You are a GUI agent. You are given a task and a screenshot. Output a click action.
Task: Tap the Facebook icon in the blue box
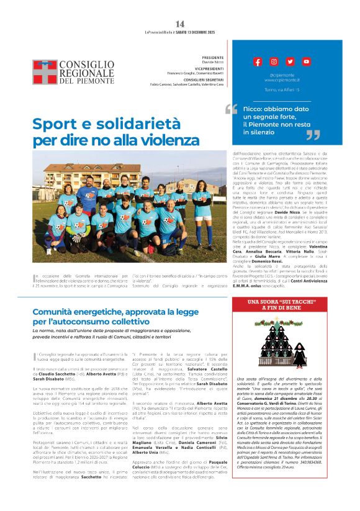click(x=258, y=61)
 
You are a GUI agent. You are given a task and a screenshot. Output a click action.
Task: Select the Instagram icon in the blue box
click(x=274, y=61)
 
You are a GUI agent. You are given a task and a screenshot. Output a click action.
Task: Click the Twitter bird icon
click(x=290, y=61)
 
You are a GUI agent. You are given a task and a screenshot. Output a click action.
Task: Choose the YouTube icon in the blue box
click(x=307, y=61)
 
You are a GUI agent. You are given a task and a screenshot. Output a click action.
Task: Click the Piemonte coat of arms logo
click(x=45, y=72)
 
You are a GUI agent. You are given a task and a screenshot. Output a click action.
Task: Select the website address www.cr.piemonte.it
click(x=282, y=80)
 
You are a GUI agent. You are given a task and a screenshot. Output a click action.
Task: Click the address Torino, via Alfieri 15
click(x=282, y=90)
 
